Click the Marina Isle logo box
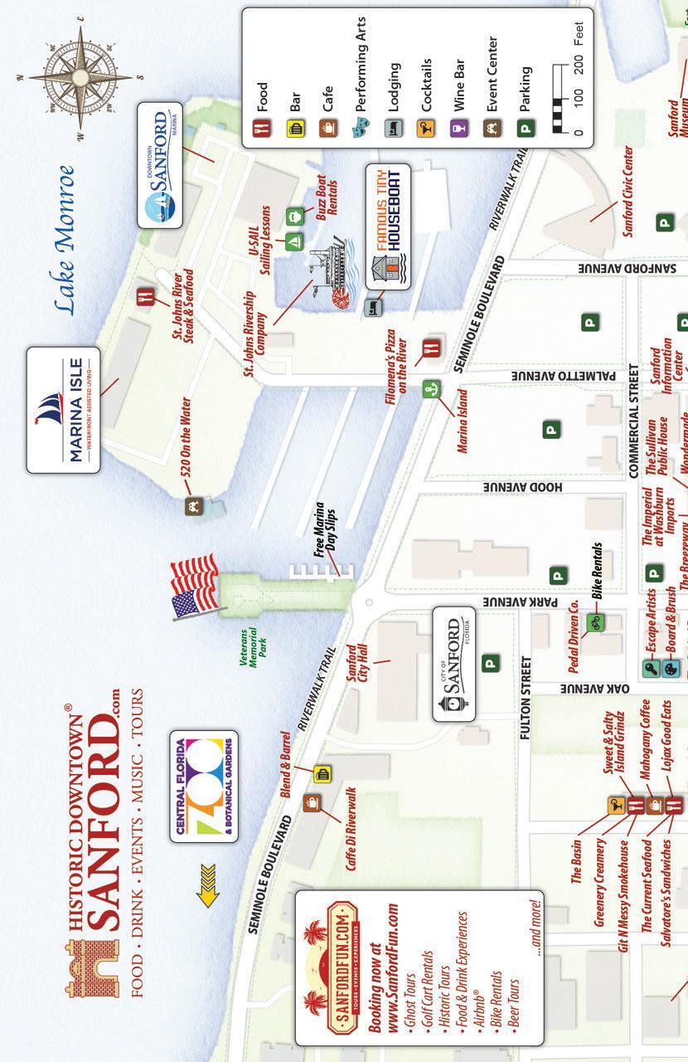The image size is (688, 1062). point(63,410)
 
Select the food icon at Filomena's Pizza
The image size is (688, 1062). point(432,348)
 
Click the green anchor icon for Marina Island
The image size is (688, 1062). point(430,389)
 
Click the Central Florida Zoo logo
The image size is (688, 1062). point(204,786)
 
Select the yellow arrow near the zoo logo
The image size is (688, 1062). point(206,894)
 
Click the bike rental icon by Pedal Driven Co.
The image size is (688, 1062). point(594,621)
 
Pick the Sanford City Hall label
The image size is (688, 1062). point(356,656)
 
